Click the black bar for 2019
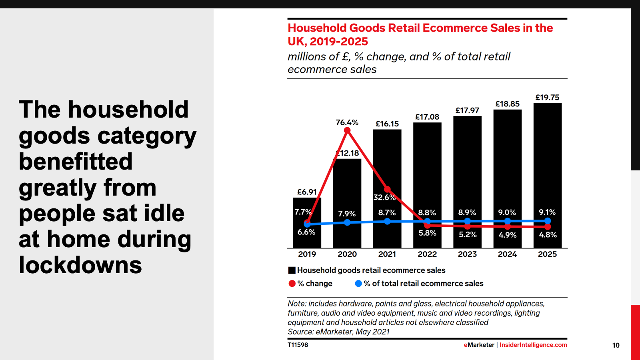(x=307, y=240)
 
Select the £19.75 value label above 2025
(x=547, y=98)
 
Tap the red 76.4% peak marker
(x=347, y=130)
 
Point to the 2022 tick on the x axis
(x=427, y=254)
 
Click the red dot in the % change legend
(x=292, y=284)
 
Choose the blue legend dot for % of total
(x=358, y=284)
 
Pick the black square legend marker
(x=292, y=270)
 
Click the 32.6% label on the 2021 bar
(x=384, y=197)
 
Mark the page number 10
(x=616, y=345)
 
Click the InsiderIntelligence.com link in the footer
(x=533, y=345)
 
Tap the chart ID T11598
(x=298, y=345)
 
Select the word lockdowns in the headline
(x=80, y=265)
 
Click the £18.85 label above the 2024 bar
(x=507, y=104)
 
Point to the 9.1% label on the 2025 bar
(x=547, y=212)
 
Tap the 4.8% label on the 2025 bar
(x=548, y=235)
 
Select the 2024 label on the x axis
(x=507, y=254)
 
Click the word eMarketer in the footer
(x=479, y=345)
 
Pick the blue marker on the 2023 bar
(x=467, y=221)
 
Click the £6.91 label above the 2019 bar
(x=307, y=192)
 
